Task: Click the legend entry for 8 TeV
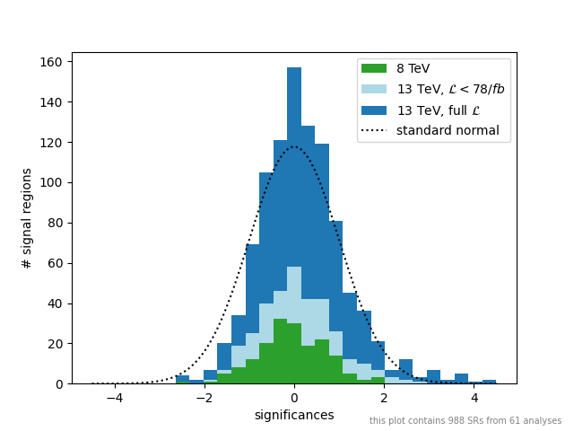coord(413,68)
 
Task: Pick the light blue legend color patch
coord(375,89)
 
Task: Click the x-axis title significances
coord(294,415)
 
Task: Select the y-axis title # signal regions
coord(28,218)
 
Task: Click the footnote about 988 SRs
coord(465,421)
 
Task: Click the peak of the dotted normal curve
coord(294,147)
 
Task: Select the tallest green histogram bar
coord(280,351)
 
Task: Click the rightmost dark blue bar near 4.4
coord(489,382)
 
